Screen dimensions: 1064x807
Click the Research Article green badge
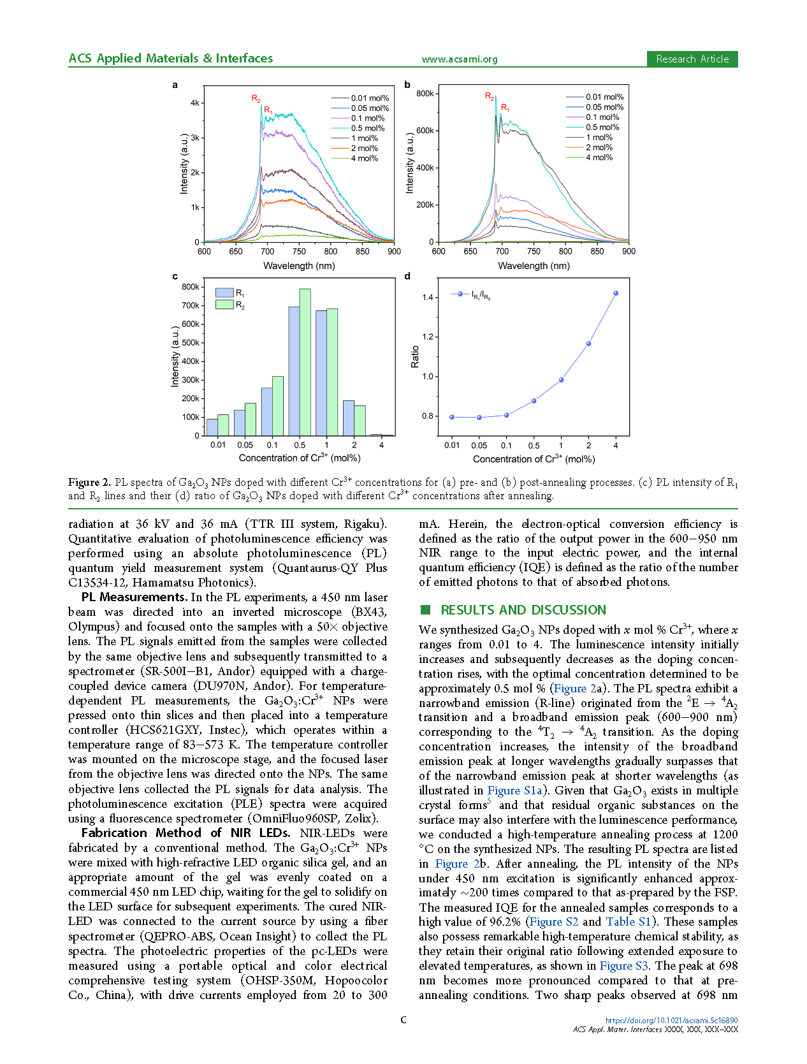[x=692, y=59]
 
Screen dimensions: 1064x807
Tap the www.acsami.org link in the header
[x=459, y=59]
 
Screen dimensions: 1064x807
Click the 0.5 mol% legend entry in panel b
[x=602, y=128]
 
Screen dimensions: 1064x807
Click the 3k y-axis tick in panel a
[x=194, y=138]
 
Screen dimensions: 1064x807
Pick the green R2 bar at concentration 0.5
[x=305, y=362]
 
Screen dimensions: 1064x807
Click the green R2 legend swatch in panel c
[x=224, y=305]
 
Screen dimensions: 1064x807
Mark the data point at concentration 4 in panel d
[x=616, y=293]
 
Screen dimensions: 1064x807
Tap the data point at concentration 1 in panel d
[x=561, y=380]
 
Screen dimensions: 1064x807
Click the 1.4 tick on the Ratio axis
[x=427, y=298]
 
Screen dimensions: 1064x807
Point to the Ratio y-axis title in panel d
[x=415, y=356]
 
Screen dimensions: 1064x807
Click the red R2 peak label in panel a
[x=256, y=98]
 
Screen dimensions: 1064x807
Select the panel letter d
[x=407, y=276]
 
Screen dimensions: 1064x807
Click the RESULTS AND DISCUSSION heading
[x=523, y=610]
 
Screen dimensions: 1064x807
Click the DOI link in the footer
[x=671, y=1020]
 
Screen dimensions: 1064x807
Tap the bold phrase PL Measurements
[x=133, y=597]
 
